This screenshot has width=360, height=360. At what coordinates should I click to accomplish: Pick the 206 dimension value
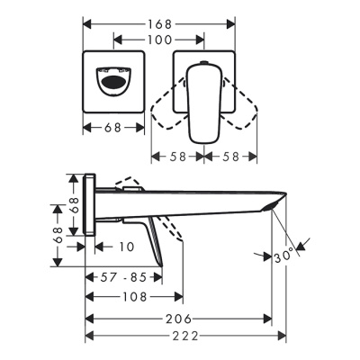179,319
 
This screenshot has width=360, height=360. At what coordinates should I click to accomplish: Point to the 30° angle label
285,256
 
